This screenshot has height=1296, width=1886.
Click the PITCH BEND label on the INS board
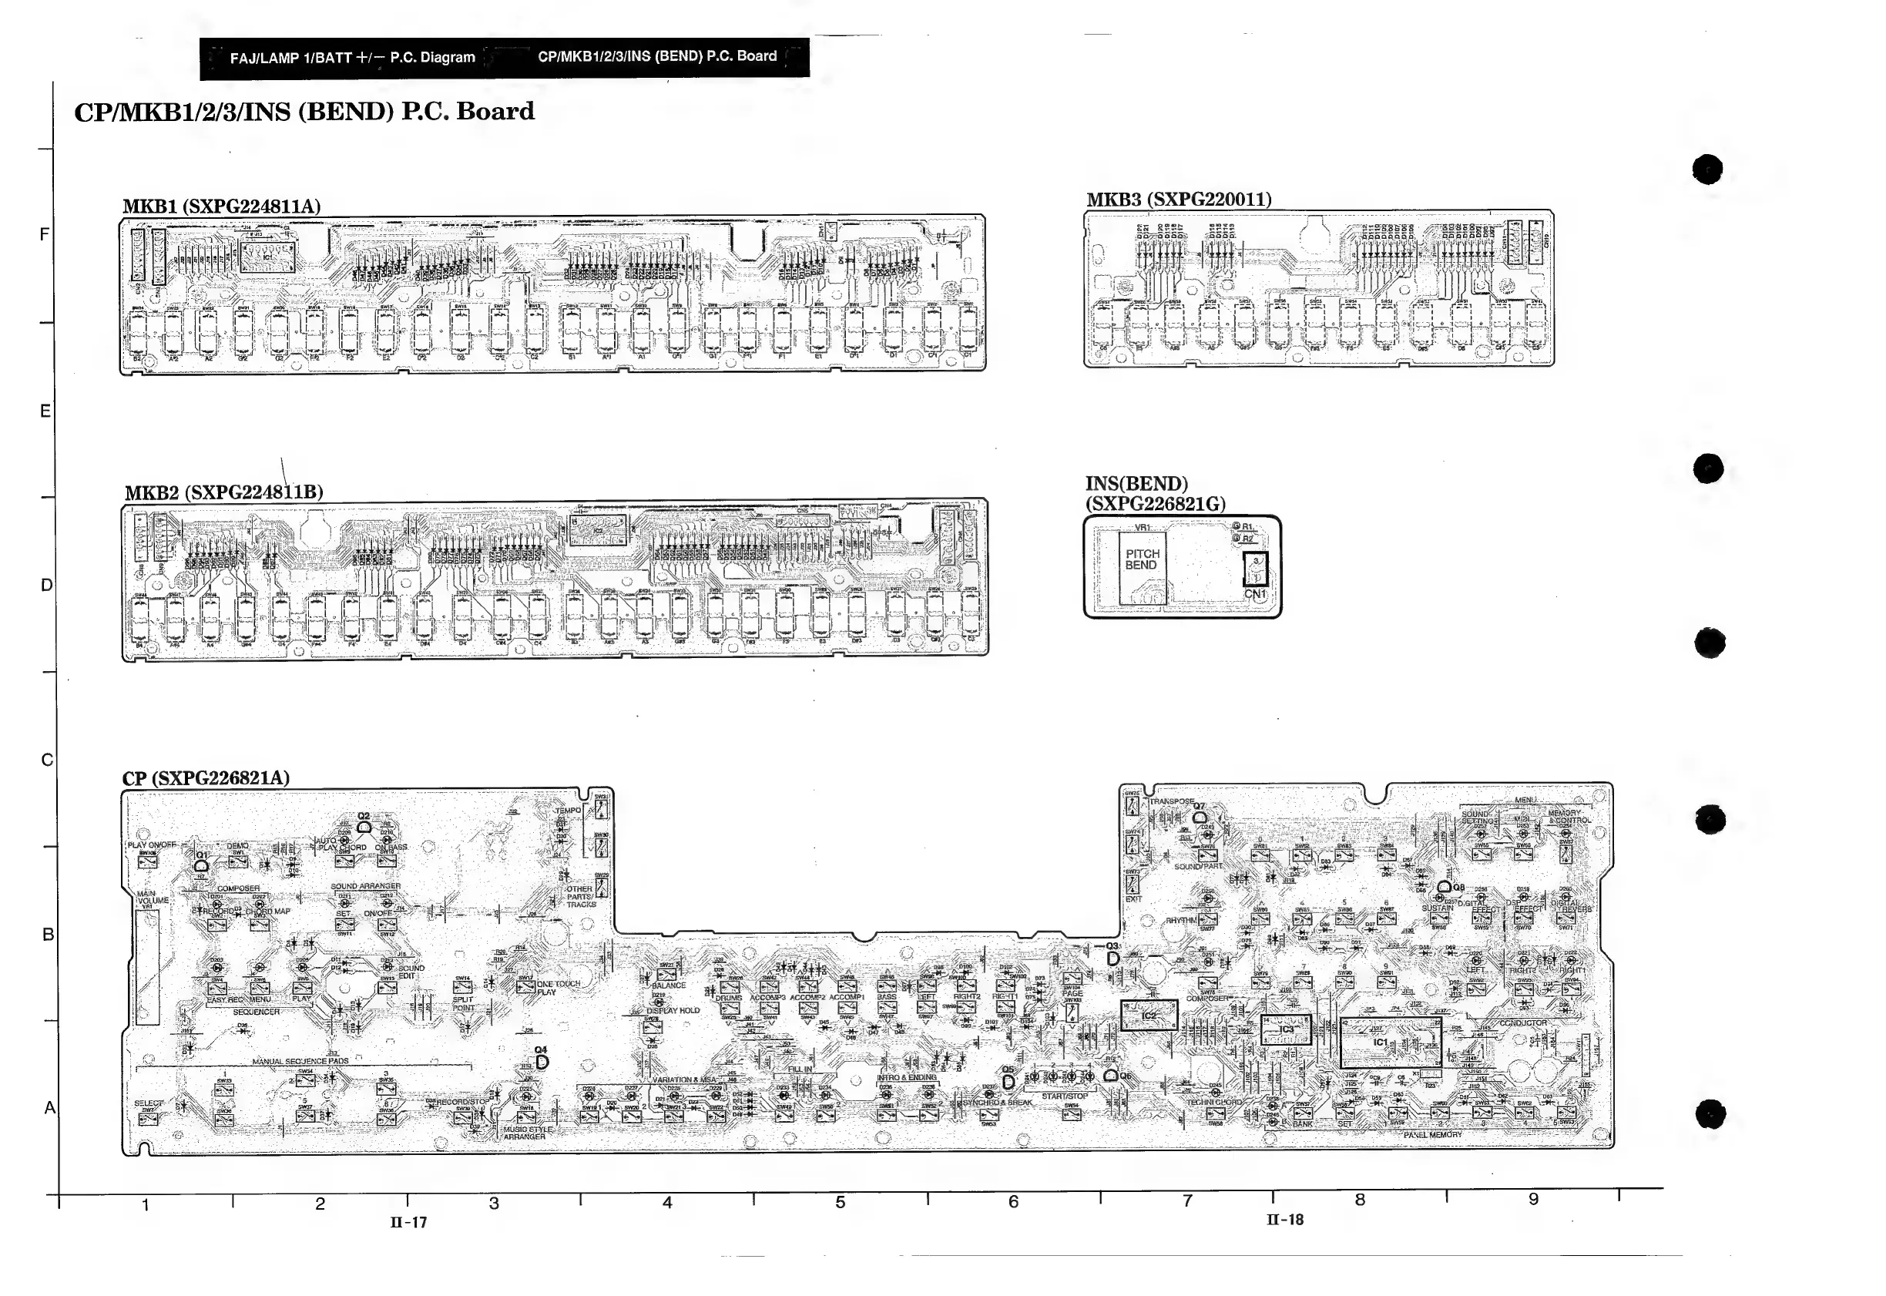click(x=1142, y=559)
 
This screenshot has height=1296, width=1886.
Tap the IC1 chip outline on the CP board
click(x=1390, y=1042)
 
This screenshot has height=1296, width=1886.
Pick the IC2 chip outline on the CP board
click(x=1149, y=1015)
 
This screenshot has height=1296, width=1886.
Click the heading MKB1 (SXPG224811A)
click(x=221, y=206)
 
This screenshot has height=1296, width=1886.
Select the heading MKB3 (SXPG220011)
click(x=1179, y=199)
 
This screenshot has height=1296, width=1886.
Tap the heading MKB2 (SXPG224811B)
click(x=223, y=492)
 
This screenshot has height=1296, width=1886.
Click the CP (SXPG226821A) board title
click(x=206, y=778)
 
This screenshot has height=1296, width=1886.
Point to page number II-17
click(x=408, y=1222)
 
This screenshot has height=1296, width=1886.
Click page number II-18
click(x=1284, y=1219)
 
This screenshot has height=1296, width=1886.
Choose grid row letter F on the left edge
click(x=45, y=235)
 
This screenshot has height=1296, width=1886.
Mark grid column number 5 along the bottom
click(x=841, y=1202)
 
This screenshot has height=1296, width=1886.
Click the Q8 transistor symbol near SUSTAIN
click(x=1445, y=888)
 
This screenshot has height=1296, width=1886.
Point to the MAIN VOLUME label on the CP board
click(x=152, y=899)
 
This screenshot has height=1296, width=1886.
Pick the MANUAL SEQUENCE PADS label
click(x=300, y=1061)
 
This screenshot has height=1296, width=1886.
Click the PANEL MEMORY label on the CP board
click(x=1433, y=1134)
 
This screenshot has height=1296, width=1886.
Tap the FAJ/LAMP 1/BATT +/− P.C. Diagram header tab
click(x=352, y=58)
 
